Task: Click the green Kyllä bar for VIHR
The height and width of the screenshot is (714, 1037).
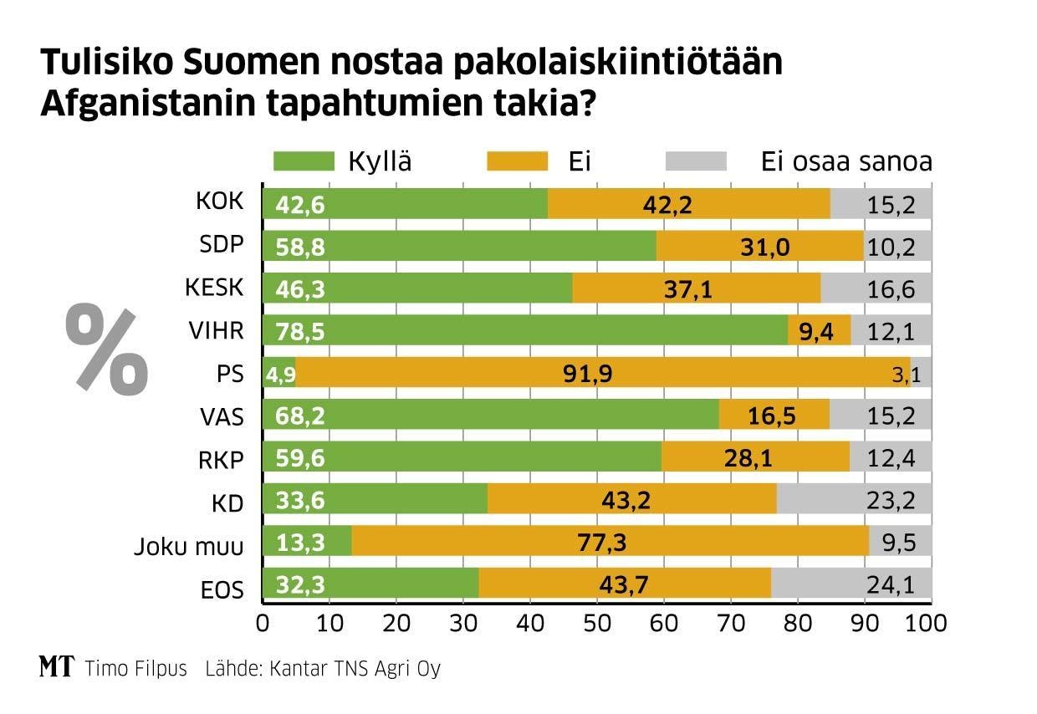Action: [525, 330]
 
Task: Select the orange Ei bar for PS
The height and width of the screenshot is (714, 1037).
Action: [602, 373]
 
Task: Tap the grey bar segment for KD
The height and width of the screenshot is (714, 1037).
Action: [853, 500]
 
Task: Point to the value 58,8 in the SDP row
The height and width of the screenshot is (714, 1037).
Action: [284, 246]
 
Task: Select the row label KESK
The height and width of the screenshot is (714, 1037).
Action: [214, 288]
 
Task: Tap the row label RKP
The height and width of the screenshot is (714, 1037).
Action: [220, 458]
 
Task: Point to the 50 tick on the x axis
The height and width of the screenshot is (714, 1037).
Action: [597, 623]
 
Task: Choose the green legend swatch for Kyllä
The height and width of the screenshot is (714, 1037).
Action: [304, 161]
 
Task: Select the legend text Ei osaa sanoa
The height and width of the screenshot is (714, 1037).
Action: [846, 161]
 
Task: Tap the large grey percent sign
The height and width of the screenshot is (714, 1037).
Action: [106, 349]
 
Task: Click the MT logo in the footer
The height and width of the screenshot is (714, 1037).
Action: [56, 667]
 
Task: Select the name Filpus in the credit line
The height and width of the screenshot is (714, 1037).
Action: [159, 669]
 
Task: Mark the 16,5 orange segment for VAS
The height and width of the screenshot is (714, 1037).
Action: [774, 416]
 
